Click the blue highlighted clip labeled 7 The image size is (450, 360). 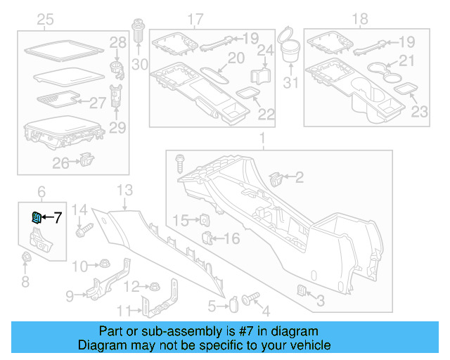(x=37, y=218)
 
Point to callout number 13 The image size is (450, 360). (x=124, y=189)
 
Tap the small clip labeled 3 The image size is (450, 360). (x=301, y=291)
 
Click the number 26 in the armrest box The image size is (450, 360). (x=61, y=162)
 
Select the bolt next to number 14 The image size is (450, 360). (x=89, y=229)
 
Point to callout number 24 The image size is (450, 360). (x=264, y=50)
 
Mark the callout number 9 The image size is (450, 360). (x=70, y=296)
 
